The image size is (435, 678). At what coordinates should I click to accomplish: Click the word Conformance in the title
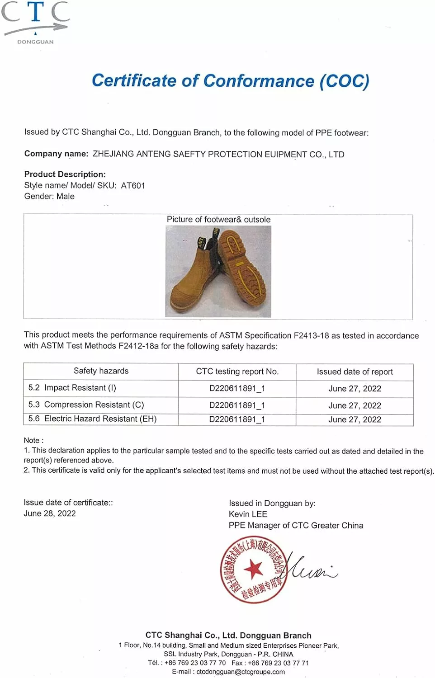point(258,81)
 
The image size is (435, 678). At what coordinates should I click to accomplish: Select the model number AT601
point(133,185)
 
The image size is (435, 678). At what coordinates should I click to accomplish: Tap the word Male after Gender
point(66,196)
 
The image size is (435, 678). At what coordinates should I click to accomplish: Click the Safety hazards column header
point(101,371)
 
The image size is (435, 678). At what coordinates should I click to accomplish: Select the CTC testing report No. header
point(237,372)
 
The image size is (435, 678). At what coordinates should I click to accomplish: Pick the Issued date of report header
point(355,372)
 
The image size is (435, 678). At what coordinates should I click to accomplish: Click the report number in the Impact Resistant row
point(237,389)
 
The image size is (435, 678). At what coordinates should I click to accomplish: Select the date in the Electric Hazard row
point(355,419)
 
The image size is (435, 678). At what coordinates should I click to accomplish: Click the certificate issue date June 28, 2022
point(50,513)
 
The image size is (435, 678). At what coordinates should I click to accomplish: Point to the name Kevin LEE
point(248,514)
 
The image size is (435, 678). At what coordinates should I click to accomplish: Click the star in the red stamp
point(253,569)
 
